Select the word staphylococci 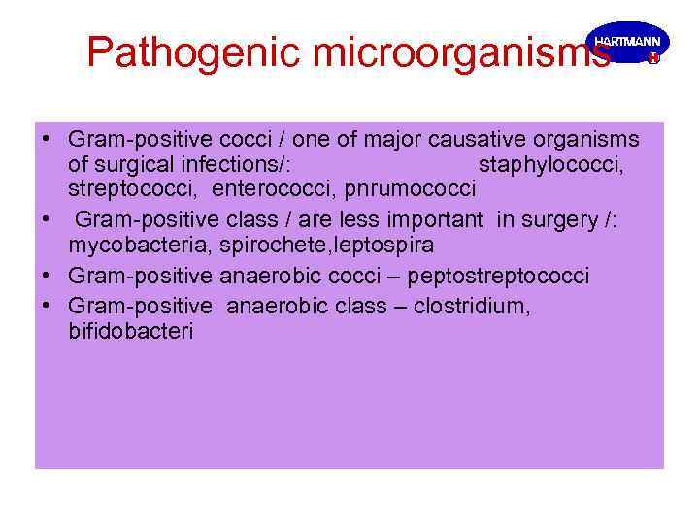coord(551,164)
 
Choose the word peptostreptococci coord(498,277)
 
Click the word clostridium coord(474,308)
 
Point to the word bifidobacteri coord(131,331)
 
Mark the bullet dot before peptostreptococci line coord(47,276)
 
